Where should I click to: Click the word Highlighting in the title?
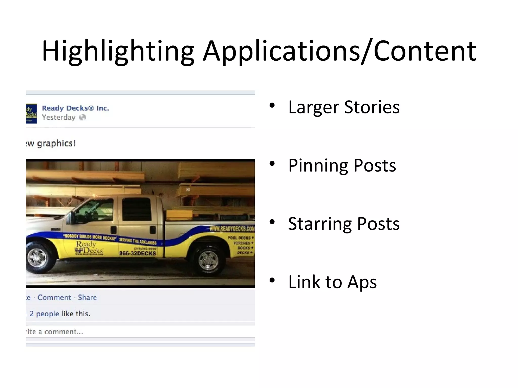(118, 51)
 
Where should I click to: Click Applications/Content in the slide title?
(339, 51)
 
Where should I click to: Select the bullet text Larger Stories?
(344, 107)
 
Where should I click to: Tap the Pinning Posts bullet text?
(342, 165)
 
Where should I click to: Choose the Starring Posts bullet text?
(344, 224)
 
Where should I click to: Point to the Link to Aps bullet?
(332, 282)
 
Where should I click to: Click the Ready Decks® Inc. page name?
(75, 108)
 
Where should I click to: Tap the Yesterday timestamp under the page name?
(58, 117)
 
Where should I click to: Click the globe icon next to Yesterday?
(83, 117)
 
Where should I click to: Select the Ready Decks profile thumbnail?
(31, 114)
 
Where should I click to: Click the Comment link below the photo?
(54, 297)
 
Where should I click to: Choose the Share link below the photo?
(87, 297)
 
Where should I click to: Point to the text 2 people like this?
(60, 314)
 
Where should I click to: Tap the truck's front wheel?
(37, 258)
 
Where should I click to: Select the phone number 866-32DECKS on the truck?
(138, 253)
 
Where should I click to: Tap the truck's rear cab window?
(137, 209)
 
